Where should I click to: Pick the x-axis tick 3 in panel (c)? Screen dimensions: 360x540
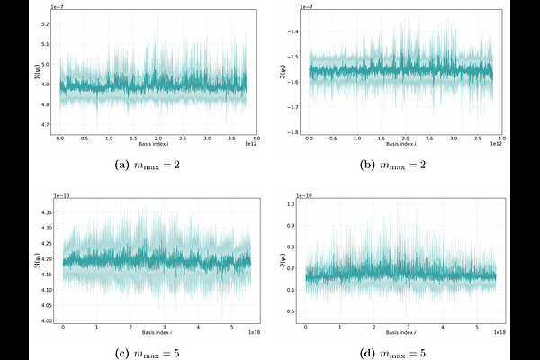tap(164, 328)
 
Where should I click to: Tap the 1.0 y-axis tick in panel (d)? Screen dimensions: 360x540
tap(292, 205)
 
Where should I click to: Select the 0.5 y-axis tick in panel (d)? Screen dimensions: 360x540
tap(292, 311)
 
